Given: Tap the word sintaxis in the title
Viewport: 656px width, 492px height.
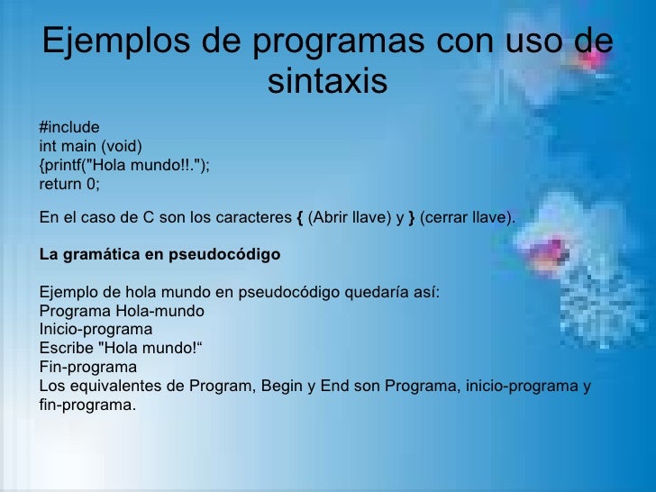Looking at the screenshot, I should click(x=327, y=82).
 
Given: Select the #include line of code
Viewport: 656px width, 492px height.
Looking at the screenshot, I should click(x=69, y=126).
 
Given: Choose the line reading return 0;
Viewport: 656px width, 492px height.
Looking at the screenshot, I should click(x=69, y=184).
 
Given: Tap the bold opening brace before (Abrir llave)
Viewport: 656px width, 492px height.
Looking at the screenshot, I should click(x=299, y=217).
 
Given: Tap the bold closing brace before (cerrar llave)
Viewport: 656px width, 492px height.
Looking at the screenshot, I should click(x=412, y=217).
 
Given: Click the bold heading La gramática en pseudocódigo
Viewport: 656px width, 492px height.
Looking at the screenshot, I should click(x=159, y=254).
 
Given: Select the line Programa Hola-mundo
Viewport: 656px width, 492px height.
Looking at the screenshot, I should click(x=122, y=312).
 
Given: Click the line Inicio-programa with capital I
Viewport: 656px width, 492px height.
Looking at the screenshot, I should click(x=96, y=330).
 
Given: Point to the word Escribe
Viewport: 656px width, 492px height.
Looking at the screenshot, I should click(x=64, y=349).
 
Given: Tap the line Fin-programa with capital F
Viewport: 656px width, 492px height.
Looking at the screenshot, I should click(x=87, y=368).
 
